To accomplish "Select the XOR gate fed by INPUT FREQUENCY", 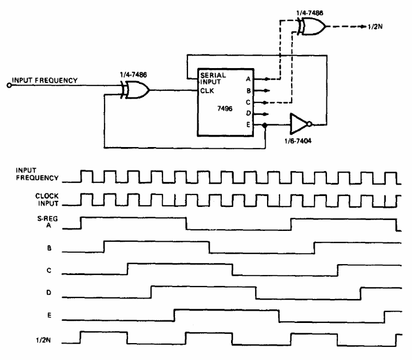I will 137,90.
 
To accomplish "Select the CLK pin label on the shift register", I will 207,91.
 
